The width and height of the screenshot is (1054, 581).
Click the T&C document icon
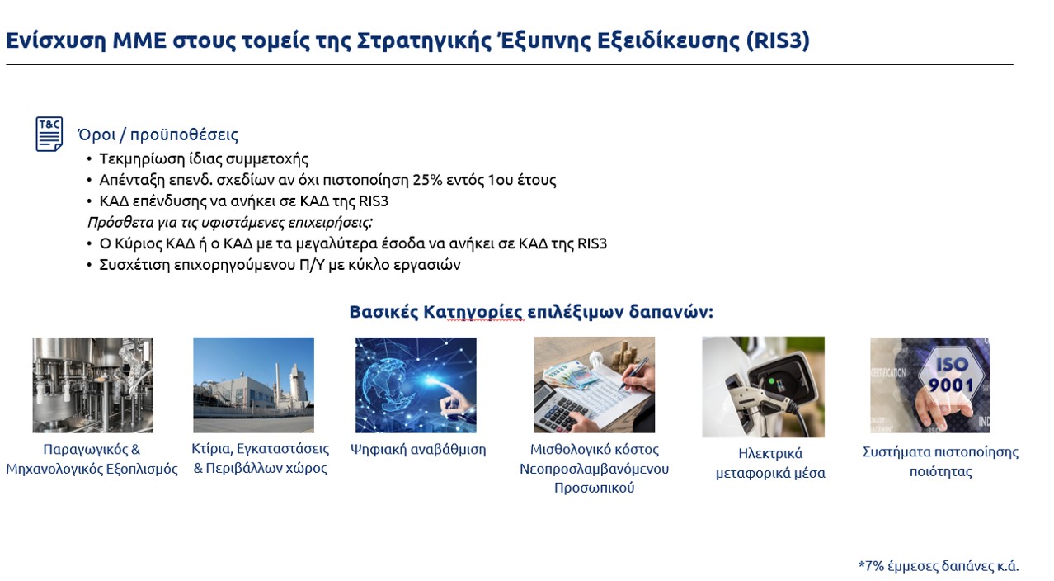pos(49,134)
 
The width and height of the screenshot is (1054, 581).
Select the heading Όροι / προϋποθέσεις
pos(158,135)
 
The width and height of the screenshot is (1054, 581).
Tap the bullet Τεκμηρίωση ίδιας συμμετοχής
pos(204,158)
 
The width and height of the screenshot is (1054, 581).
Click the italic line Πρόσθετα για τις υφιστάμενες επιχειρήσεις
pos(230,223)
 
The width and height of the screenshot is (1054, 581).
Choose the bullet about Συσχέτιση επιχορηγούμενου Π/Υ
pos(280,265)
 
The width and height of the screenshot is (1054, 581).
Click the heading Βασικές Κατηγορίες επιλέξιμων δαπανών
pos(530,312)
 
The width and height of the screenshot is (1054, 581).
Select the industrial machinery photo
pos(92,385)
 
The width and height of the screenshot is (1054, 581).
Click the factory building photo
pos(253,385)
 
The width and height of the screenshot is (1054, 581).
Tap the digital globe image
pos(416,385)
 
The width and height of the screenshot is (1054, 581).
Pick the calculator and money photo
pos(594,385)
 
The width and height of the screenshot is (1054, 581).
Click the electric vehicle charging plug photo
pos(763,386)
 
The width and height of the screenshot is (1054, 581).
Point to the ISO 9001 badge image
pos(929,385)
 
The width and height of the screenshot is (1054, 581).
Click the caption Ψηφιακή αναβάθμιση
pos(418,450)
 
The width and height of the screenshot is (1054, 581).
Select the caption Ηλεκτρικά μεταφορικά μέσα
pos(770,463)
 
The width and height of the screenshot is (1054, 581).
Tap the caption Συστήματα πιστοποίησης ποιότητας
pos(940,461)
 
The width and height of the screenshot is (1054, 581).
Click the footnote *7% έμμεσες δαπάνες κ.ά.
pos(939,566)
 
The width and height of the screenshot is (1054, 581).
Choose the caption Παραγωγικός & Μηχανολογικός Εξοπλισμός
pos(92,459)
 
